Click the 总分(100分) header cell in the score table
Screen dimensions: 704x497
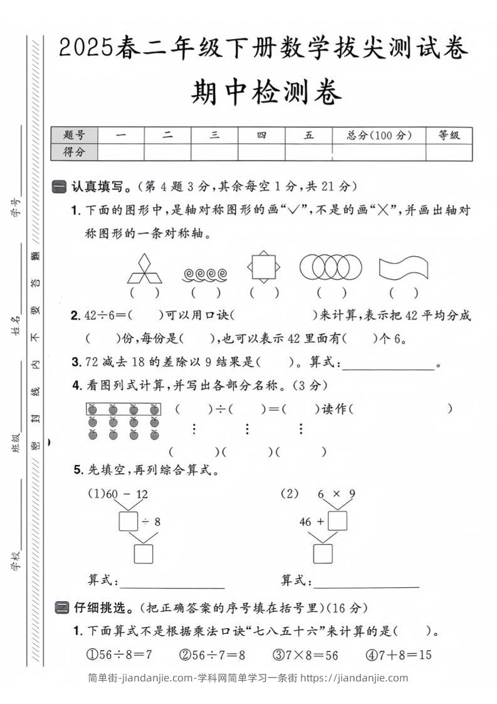[379, 135]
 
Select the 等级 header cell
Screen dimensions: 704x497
[449, 135]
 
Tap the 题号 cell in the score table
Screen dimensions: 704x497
[74, 135]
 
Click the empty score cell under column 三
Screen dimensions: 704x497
[214, 152]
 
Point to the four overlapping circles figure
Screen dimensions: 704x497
[331, 267]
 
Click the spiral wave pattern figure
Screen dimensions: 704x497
[205, 274]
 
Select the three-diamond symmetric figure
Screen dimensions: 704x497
[145, 269]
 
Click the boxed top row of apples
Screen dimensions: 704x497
[123, 410]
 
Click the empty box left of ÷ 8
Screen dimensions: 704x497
[128, 521]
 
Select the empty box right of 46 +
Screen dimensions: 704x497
[337, 521]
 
